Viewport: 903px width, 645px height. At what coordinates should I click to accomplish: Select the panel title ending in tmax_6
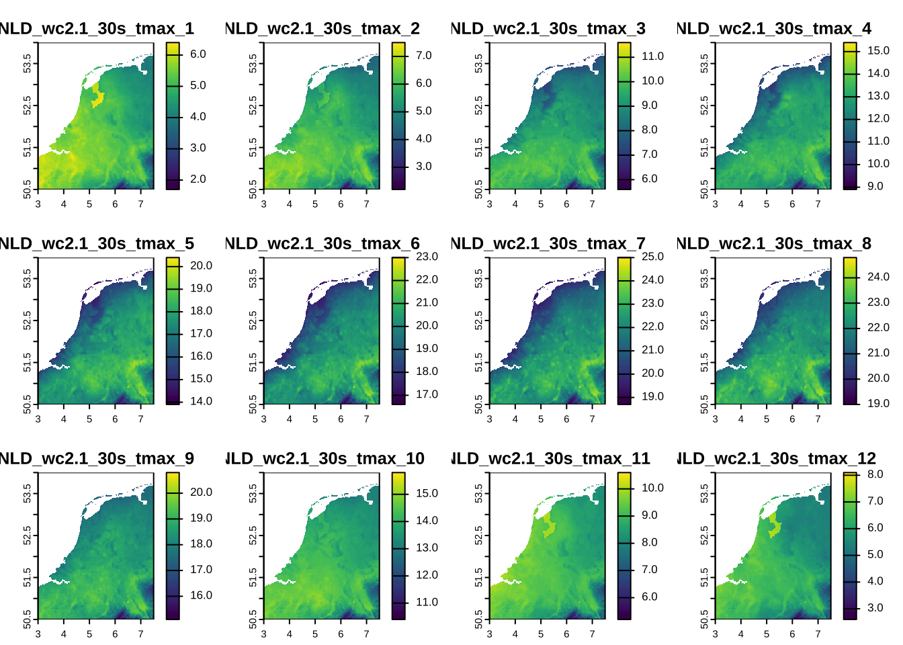pyautogui.click(x=322, y=243)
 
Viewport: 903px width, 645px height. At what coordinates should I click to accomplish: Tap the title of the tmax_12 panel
pyautogui.click(x=777, y=458)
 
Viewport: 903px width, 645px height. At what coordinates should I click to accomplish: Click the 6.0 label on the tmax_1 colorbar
pyautogui.click(x=198, y=54)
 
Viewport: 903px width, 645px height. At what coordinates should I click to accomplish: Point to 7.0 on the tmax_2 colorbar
pyautogui.click(x=423, y=56)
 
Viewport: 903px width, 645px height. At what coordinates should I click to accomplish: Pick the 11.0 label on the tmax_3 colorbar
pyautogui.click(x=652, y=56)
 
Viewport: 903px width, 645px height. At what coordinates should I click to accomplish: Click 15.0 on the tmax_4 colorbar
pyautogui.click(x=878, y=51)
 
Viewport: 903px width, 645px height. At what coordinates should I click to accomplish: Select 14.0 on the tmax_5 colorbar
pyautogui.click(x=201, y=401)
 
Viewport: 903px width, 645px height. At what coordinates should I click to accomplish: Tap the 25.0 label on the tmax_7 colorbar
pyautogui.click(x=652, y=257)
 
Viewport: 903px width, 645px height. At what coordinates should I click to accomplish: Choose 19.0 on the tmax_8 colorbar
pyautogui.click(x=878, y=403)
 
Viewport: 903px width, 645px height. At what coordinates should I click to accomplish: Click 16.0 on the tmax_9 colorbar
pyautogui.click(x=201, y=595)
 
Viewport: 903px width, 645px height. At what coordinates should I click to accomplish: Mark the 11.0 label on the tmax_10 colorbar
pyautogui.click(x=427, y=602)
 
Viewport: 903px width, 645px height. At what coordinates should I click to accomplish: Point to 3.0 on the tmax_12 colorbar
pyautogui.click(x=875, y=608)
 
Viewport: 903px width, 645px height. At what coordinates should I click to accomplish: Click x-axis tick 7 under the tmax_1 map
pyautogui.click(x=140, y=204)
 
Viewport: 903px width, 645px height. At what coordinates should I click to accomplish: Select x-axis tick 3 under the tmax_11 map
pyautogui.click(x=489, y=634)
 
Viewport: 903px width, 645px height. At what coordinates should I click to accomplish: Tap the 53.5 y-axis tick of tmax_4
pyautogui.click(x=703, y=63)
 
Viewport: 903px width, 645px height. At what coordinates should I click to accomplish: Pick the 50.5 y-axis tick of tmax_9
pyautogui.click(x=26, y=618)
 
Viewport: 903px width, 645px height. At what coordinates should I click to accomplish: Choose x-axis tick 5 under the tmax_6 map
pyautogui.click(x=315, y=419)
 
